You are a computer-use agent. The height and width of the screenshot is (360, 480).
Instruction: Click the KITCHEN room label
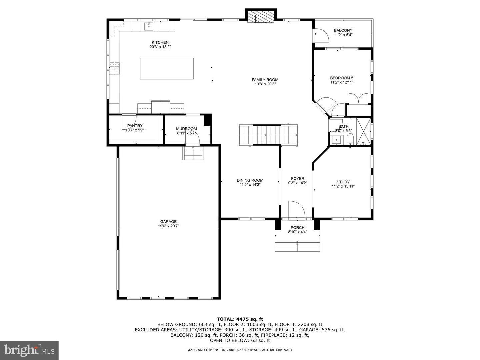pyautogui.click(x=160, y=42)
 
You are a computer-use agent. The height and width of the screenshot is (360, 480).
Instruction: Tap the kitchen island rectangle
pyautogui.click(x=167, y=69)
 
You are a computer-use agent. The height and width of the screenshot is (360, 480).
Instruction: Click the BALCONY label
pyautogui.click(x=343, y=30)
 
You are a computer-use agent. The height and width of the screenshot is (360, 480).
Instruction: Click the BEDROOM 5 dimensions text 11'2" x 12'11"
pyautogui.click(x=342, y=82)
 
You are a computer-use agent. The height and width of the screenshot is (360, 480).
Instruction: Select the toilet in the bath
pyautogui.click(x=350, y=139)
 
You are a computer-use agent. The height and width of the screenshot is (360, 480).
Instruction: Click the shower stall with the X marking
pyautogui.click(x=363, y=131)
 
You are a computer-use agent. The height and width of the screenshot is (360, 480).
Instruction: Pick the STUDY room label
pyautogui.click(x=343, y=182)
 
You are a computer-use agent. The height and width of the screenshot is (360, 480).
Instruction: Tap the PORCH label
pyautogui.click(x=297, y=228)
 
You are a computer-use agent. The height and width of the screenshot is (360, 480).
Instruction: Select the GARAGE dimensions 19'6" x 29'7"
pyautogui.click(x=168, y=226)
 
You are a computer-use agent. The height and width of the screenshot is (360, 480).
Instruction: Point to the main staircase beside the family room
pyautogui.click(x=268, y=135)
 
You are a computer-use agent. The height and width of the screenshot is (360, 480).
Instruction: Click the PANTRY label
pyautogui.click(x=135, y=126)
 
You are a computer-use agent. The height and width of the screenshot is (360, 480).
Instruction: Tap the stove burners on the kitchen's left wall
pyautogui.click(x=115, y=68)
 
